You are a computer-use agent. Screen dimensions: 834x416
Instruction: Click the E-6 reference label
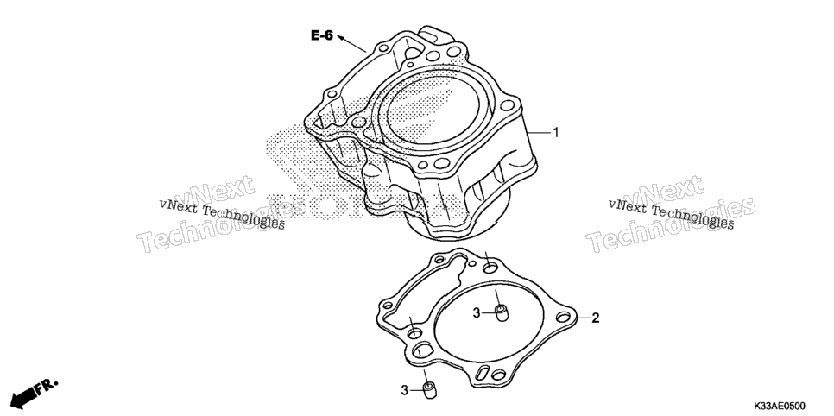point(322,35)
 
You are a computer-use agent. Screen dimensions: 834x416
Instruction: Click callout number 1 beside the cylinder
point(556,132)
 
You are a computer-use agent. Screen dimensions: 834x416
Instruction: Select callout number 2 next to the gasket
point(595,318)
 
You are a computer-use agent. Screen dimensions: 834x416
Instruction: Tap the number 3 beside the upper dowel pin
point(477,313)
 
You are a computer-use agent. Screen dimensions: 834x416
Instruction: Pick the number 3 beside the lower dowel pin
point(405,390)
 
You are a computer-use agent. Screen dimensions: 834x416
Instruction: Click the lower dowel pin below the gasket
point(429,390)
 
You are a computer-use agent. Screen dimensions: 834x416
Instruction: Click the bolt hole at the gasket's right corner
point(563,318)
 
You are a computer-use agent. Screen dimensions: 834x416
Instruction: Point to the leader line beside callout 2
point(583,318)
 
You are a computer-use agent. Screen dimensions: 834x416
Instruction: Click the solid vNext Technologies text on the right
point(671,213)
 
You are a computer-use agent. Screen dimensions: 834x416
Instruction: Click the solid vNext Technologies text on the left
point(222,213)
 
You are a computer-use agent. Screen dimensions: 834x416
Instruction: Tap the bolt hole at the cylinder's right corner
point(508,104)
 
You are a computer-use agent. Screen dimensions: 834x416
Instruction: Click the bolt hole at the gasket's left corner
point(388,306)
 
